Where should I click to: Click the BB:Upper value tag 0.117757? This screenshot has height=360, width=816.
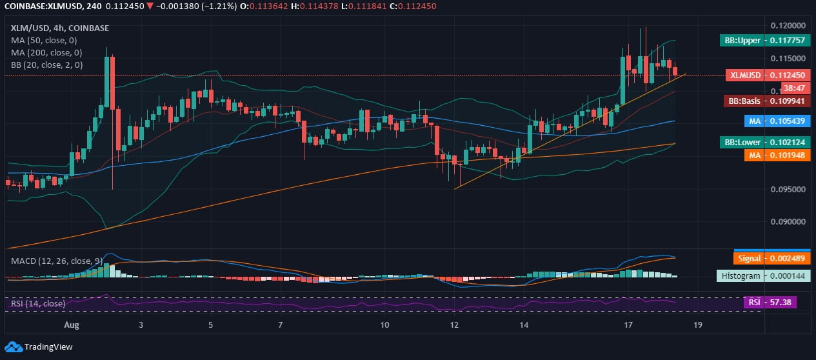[x=766, y=40]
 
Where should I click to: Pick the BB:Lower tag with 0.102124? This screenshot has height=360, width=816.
[x=766, y=142]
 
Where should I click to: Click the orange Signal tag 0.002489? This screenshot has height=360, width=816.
[x=772, y=258]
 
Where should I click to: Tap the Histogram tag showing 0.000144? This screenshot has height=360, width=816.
[x=763, y=275]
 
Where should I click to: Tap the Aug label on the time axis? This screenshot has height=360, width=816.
[x=72, y=325]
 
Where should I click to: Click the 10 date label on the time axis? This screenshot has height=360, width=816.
[x=384, y=325]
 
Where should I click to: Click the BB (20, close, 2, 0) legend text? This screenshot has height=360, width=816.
[x=46, y=65]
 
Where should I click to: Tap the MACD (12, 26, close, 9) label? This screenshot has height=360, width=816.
[x=56, y=261]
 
